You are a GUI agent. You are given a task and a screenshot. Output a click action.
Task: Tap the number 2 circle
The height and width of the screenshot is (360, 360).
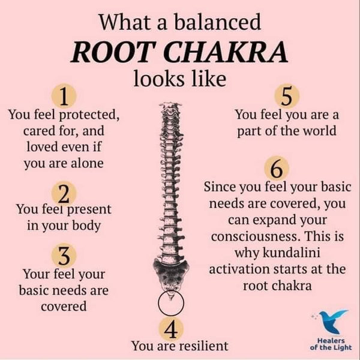pos(64,194)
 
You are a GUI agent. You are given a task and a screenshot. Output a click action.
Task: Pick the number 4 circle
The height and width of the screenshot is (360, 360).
pos(171,329)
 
